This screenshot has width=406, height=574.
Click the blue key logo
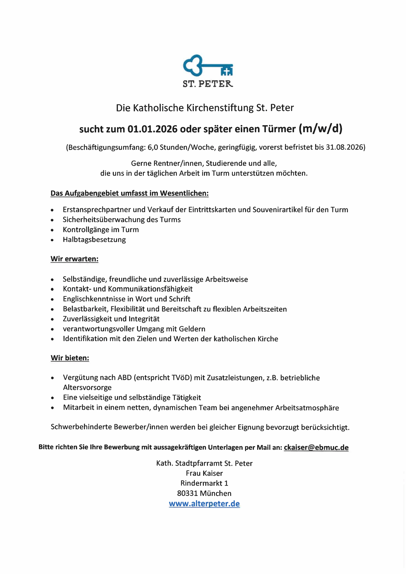click(207, 65)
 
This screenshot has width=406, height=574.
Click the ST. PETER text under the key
click(208, 84)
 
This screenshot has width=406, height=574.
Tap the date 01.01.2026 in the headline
click(152, 129)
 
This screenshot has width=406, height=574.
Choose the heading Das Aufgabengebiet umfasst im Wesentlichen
click(129, 193)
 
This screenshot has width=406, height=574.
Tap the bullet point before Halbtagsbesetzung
click(52, 240)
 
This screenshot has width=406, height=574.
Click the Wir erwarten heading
click(74, 259)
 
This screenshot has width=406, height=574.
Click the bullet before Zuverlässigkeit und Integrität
click(52, 320)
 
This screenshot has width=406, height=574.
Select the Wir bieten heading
click(70, 358)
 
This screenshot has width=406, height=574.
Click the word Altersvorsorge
click(87, 387)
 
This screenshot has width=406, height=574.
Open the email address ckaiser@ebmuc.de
click(316, 448)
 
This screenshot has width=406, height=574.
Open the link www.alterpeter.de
click(204, 504)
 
